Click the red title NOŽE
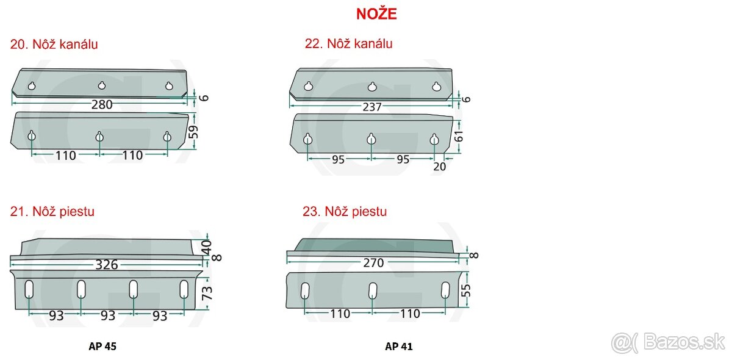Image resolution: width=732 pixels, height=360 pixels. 376,14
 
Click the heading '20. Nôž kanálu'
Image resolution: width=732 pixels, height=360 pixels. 54,45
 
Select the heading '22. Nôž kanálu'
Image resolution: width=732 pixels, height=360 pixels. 348,44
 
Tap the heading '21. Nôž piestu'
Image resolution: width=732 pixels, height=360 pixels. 52,212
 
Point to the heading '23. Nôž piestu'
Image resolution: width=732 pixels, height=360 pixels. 345,212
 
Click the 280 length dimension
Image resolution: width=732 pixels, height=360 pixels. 102,104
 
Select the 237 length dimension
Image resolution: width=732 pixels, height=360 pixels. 372,107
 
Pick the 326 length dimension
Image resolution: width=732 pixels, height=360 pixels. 107,265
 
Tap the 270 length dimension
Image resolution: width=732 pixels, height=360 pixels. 373,262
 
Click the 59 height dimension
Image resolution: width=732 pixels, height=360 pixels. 193,132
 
